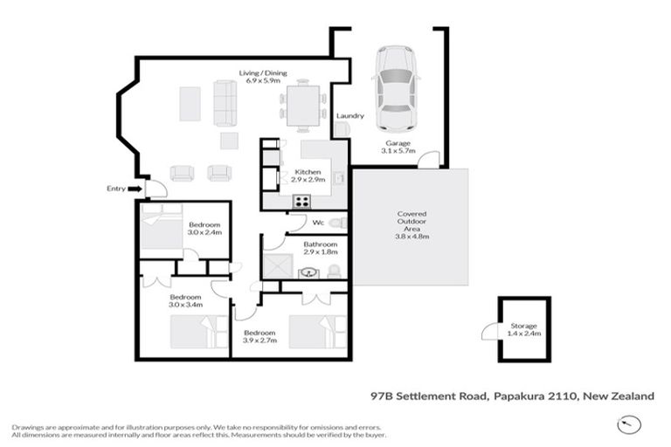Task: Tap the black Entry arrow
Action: [134, 188]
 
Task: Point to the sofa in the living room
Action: [225, 103]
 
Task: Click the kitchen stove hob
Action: [301, 201]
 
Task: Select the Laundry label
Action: [349, 115]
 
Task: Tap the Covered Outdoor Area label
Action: [411, 224]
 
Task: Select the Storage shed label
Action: [523, 328]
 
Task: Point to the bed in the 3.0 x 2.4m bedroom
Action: [159, 233]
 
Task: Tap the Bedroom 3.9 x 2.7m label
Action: [259, 337]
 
